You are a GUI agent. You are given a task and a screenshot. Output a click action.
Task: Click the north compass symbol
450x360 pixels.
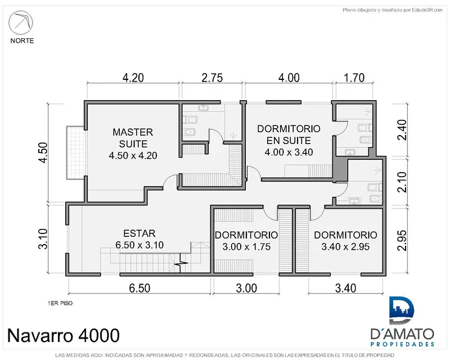pos(21,22)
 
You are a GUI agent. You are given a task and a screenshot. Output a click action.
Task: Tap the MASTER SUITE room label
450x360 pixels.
pos(133,138)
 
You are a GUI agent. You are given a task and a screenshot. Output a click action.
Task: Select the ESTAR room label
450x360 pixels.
pos(139,233)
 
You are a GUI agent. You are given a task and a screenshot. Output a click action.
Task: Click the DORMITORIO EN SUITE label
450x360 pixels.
pos(289,134)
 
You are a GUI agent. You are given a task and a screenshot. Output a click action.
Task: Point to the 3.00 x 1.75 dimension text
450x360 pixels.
pos(246,246)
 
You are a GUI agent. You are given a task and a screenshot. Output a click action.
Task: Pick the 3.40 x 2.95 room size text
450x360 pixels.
pos(345,246)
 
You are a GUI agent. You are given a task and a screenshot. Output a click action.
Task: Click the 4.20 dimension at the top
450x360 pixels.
pos(133,78)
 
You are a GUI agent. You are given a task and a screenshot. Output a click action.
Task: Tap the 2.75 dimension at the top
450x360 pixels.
pos(212,78)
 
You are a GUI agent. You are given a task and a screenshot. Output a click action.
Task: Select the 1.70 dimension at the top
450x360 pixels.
pos(354,78)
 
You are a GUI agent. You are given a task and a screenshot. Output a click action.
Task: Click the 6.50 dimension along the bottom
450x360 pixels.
pos(139,288)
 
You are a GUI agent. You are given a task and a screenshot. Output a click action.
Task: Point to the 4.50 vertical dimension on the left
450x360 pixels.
pos(44,152)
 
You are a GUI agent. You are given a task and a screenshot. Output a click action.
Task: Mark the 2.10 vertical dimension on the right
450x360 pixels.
pos(402,182)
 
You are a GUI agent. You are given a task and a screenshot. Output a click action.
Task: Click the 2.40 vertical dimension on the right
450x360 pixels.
pos(402,130)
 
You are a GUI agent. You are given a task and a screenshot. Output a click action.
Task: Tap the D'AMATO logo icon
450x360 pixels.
pos(402,311)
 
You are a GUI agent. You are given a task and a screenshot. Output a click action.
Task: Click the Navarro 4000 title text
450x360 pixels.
pos(64,335)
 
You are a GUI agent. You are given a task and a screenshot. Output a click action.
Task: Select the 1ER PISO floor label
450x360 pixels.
pos(60,303)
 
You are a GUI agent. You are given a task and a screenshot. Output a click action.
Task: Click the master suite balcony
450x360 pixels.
pos(75,152)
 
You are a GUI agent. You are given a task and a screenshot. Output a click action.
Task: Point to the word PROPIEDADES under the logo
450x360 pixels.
pos(402,344)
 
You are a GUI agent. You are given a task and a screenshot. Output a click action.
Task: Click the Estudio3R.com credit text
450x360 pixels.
pos(393,10)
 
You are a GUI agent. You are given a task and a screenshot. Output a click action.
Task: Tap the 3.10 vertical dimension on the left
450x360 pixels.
pos(44,239)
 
